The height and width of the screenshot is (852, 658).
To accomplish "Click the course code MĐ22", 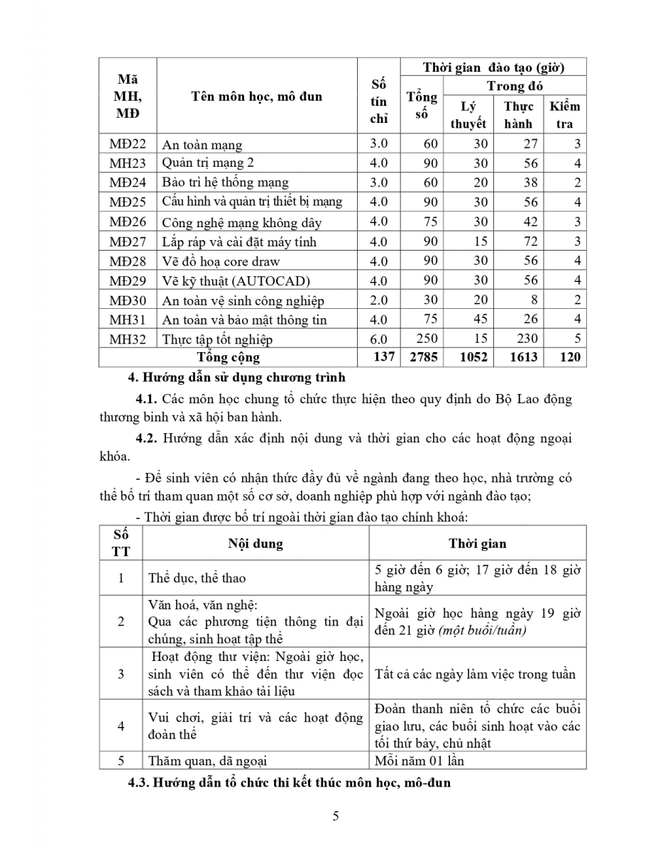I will tap(127, 144).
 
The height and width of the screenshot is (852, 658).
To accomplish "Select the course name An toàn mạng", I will tap(202, 145).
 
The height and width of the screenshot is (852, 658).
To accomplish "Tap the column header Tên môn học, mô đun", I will tap(256, 97).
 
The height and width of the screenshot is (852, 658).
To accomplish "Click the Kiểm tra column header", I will tap(565, 115).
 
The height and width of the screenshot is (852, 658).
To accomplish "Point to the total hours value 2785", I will tap(422, 357).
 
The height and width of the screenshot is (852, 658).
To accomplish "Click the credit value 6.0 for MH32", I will tap(379, 339).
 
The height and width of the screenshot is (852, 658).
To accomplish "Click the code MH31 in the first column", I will tap(127, 319).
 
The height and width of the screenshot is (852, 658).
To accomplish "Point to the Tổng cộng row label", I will tap(228, 357).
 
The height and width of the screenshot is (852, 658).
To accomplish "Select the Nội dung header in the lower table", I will tap(255, 544).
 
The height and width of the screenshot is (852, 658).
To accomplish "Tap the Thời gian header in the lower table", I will tap(477, 544).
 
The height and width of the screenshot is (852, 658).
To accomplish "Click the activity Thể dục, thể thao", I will tap(197, 579).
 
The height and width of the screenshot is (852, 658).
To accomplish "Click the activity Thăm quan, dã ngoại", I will tap(207, 761).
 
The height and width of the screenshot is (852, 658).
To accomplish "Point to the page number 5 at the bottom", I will tap(335, 816).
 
